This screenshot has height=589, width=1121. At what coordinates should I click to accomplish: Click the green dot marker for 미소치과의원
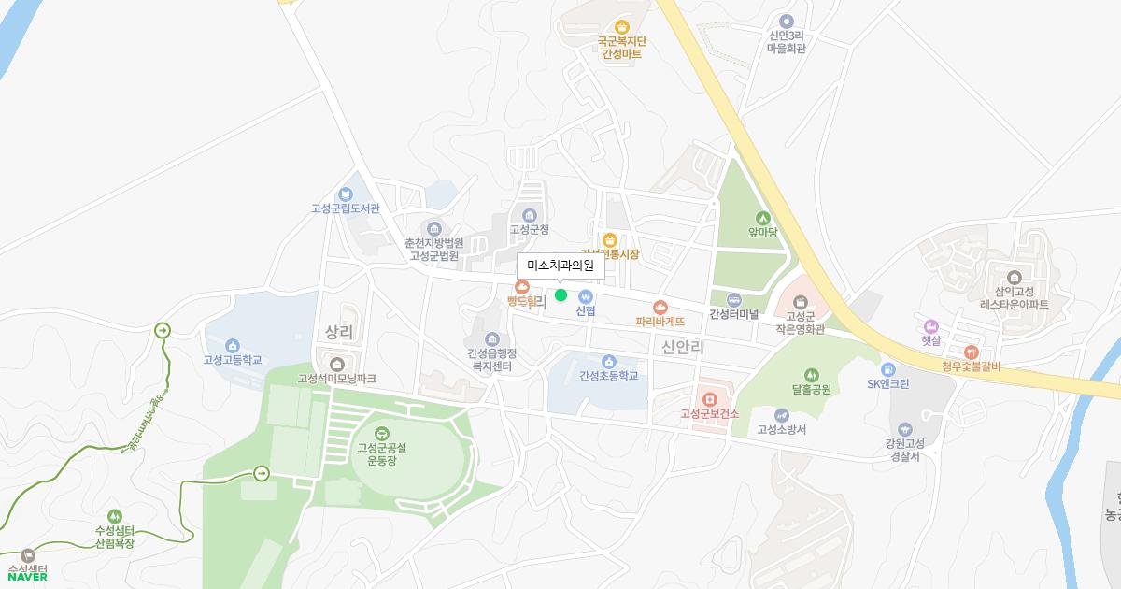(560, 295)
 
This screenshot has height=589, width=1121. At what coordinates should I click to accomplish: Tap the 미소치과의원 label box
(560, 266)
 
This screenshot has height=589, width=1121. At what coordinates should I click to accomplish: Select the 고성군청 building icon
(529, 215)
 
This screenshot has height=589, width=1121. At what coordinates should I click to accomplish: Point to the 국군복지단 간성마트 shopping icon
(622, 27)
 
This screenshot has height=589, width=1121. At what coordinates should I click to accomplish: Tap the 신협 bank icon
(586, 296)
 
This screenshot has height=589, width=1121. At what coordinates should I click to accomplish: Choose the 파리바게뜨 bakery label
(660, 322)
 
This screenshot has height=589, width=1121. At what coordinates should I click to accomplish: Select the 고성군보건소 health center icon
(710, 398)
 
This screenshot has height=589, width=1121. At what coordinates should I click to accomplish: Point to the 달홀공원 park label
(810, 388)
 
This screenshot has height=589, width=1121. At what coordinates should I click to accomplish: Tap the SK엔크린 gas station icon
(887, 369)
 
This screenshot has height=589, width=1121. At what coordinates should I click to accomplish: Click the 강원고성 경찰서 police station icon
(904, 429)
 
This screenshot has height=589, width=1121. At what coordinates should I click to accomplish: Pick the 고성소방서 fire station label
(781, 430)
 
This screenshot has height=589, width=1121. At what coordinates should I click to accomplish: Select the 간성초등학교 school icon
(608, 362)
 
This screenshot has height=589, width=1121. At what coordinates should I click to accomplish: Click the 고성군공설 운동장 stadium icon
(381, 433)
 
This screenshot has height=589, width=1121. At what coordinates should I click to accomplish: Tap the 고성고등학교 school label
(233, 360)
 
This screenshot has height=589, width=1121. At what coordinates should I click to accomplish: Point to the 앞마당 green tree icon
(762, 218)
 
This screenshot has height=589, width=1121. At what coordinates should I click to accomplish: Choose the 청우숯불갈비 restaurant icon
(972, 352)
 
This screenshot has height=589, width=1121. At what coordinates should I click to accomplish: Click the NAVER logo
(27, 576)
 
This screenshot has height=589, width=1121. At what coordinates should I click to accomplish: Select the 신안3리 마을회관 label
(786, 41)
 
